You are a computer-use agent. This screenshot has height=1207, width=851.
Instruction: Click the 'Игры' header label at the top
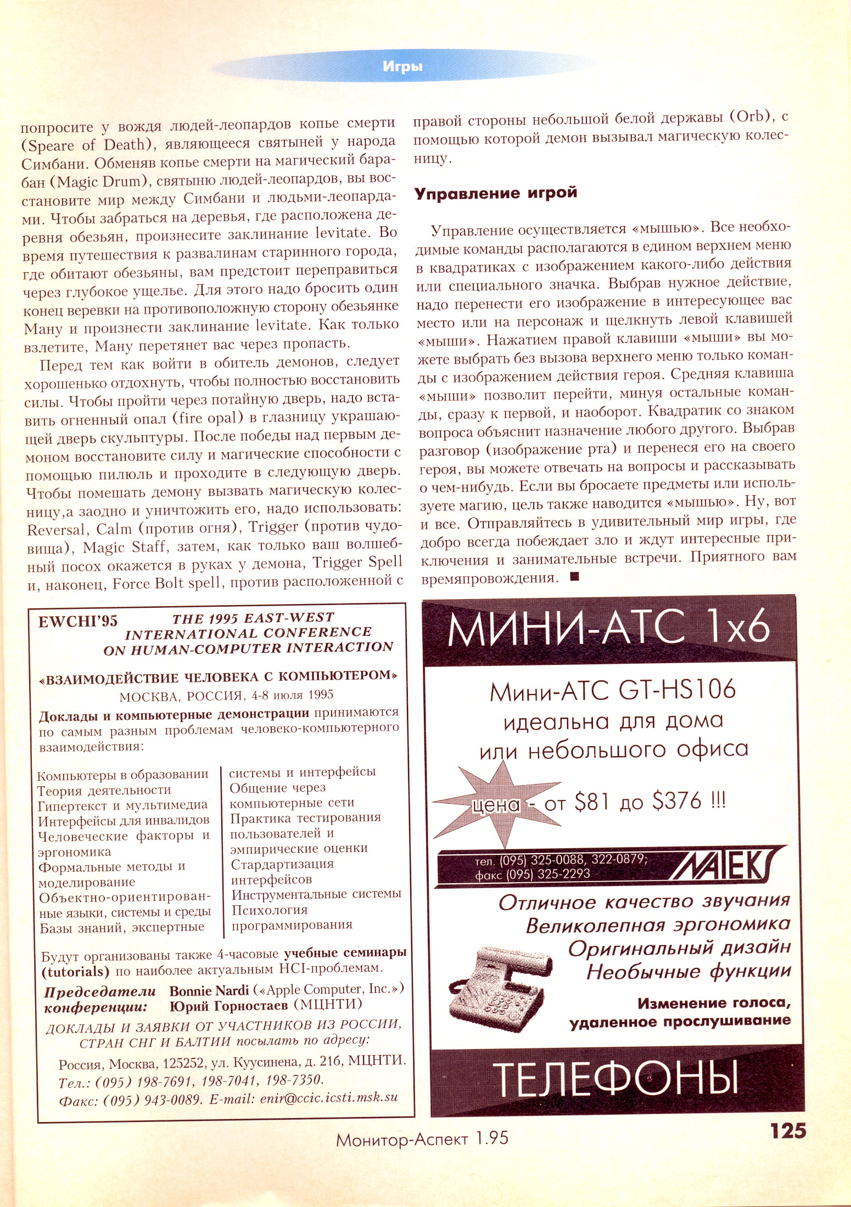tap(402, 67)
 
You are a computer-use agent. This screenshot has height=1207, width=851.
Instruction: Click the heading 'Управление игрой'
tap(495, 193)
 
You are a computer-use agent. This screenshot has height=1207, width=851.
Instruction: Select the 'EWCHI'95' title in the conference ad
tap(77, 621)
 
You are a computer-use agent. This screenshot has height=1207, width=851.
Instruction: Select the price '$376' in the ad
tap(677, 802)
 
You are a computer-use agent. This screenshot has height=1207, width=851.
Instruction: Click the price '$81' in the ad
tap(591, 802)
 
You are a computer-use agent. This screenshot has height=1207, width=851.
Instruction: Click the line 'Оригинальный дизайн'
tap(679, 948)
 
